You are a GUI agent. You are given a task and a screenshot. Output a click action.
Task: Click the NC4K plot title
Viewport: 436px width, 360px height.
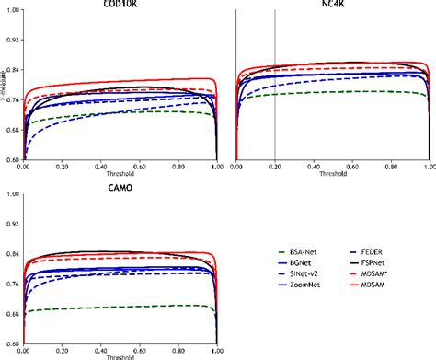pyautogui.click(x=332, y=5)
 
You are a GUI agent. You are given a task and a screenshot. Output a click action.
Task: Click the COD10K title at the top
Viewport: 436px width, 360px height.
pyautogui.click(x=118, y=5)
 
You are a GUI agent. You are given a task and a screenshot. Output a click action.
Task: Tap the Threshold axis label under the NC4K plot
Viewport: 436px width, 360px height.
pyautogui.click(x=332, y=172)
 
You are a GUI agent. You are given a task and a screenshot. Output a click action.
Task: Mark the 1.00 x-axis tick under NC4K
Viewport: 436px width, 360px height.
pyautogui.click(x=429, y=166)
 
